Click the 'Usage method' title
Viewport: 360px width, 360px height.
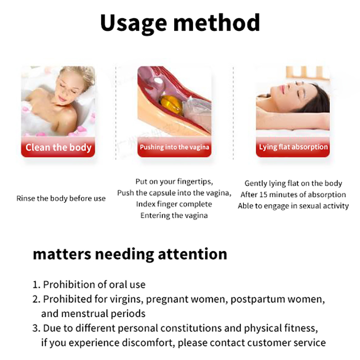[x=180, y=23]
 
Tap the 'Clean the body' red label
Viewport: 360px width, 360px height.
[x=58, y=147]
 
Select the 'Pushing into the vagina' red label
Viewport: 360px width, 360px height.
[x=175, y=147]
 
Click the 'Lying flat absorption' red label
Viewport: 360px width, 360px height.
[x=293, y=147]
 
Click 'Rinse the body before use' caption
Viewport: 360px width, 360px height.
[x=61, y=198]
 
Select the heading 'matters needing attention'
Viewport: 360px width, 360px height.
[x=130, y=254]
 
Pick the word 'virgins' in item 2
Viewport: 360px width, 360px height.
[x=126, y=299]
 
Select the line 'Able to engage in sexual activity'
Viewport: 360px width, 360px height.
[x=293, y=206]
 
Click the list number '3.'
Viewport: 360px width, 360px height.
[x=36, y=328]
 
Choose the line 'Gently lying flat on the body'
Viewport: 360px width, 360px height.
[x=293, y=184]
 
